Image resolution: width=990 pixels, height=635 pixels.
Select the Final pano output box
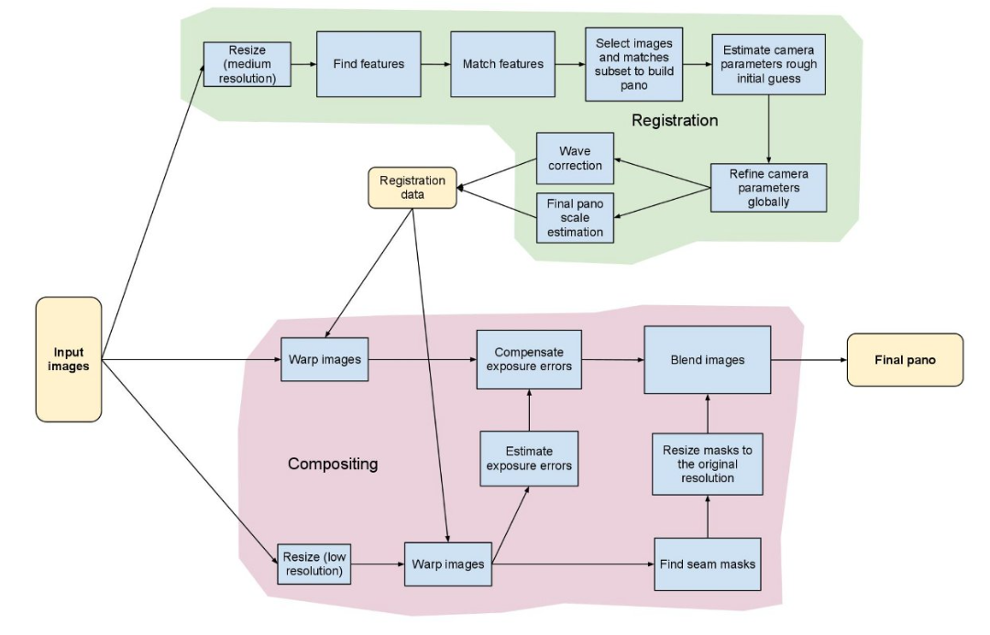coord(905,359)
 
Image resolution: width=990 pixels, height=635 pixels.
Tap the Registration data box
coord(412,187)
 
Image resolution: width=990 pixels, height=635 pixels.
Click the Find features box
coord(368,64)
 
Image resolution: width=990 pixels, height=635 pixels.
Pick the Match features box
coord(502,64)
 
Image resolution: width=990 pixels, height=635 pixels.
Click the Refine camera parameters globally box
coord(768,187)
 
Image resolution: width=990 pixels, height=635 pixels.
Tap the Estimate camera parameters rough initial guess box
coord(768,65)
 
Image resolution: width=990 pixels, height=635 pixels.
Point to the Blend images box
coord(707,359)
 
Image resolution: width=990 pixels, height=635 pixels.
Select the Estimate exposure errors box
coord(529,458)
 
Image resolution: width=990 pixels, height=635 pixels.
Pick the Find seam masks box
coord(708,563)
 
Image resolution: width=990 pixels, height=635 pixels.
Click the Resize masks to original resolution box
coord(708,464)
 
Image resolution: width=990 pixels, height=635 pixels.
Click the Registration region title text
coord(675,120)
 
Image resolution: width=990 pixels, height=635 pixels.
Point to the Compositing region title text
coord(333,464)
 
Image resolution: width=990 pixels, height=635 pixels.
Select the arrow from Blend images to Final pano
coord(808,360)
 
